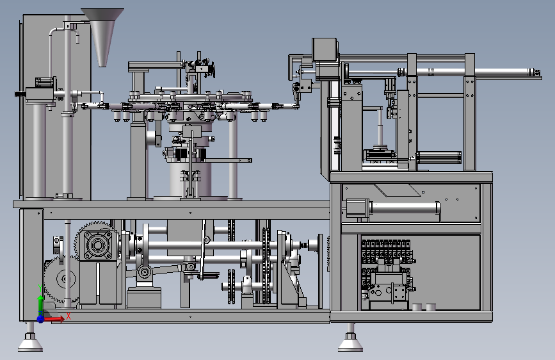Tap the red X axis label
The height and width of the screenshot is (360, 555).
(x=68, y=316)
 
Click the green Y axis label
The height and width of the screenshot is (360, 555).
(x=40, y=288)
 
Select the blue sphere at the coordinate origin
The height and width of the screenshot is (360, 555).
(x=41, y=319)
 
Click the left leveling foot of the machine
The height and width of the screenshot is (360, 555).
(x=31, y=341)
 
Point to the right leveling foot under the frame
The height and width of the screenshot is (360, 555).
(x=350, y=341)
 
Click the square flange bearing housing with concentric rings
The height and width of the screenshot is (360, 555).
(x=97, y=245)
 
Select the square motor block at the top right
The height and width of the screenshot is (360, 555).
(x=324, y=49)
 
